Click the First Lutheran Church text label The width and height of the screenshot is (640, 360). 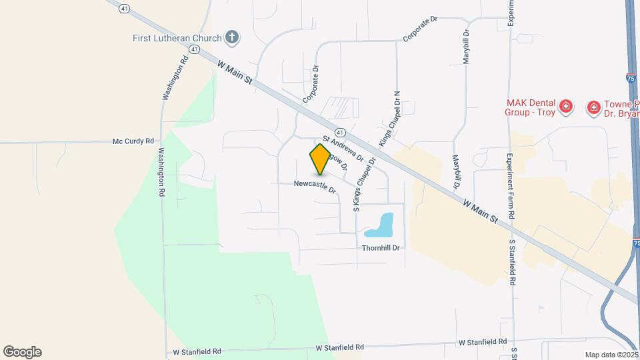(x=176, y=37)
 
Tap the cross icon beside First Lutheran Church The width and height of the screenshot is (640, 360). (x=231, y=37)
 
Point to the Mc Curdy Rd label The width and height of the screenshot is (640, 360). (x=133, y=141)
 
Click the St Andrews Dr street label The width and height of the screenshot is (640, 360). (x=343, y=149)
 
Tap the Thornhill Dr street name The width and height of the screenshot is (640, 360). (x=381, y=247)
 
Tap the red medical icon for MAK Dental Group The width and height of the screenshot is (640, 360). (x=566, y=107)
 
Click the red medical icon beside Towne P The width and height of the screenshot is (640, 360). (x=593, y=107)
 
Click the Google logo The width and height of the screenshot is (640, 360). (x=22, y=351)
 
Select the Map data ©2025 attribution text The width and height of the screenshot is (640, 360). (x=611, y=355)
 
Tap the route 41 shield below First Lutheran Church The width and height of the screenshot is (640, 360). (x=193, y=50)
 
